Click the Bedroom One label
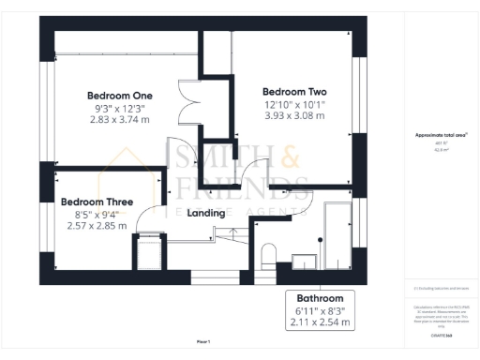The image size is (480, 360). pyautogui.click(x=119, y=96)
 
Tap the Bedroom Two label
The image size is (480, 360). pyautogui.click(x=294, y=91)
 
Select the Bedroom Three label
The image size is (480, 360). pyautogui.click(x=97, y=202)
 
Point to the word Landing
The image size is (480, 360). pyautogui.click(x=206, y=213)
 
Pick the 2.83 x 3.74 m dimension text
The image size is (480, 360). pyautogui.click(x=119, y=119)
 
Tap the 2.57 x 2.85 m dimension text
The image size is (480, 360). pyautogui.click(x=97, y=225)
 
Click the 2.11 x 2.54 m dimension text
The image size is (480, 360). pyautogui.click(x=321, y=322)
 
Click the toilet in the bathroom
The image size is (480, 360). pyautogui.click(x=267, y=255)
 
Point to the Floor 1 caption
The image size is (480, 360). pyautogui.click(x=203, y=342)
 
